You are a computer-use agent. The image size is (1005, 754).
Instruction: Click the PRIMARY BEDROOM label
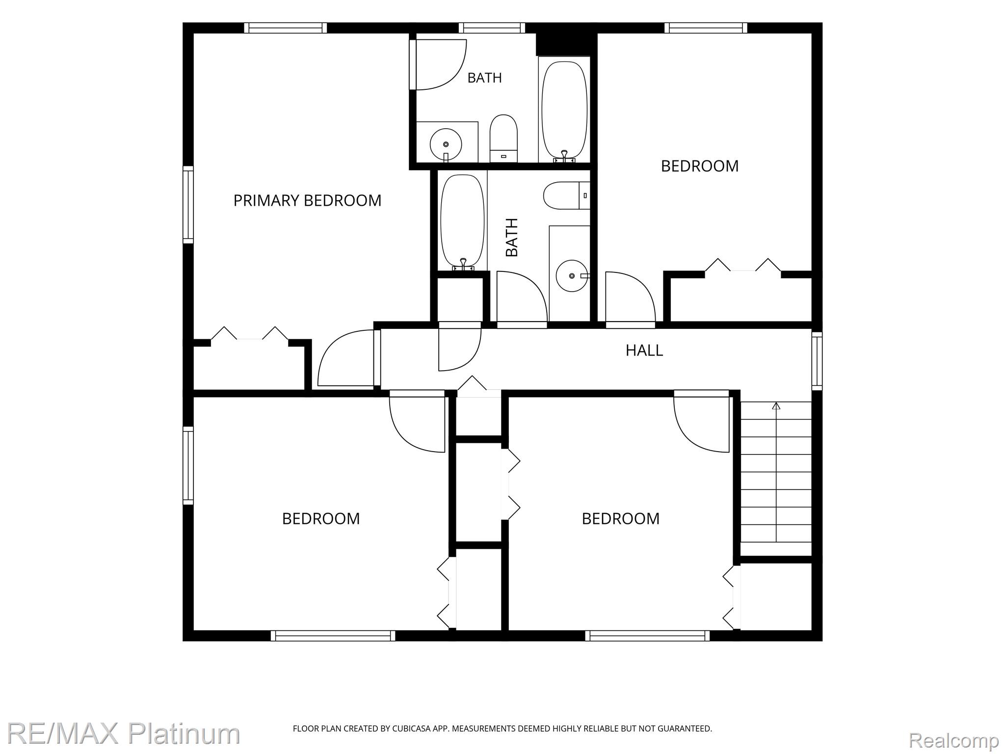[x=307, y=200]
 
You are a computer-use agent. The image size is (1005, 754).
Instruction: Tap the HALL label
[x=644, y=350]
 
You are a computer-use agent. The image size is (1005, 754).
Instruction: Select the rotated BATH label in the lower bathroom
[x=512, y=238]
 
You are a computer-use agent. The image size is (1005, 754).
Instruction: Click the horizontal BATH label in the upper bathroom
[x=484, y=78]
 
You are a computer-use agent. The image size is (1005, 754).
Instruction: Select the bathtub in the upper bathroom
[x=564, y=110]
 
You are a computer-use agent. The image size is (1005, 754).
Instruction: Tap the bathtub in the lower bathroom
[x=463, y=222]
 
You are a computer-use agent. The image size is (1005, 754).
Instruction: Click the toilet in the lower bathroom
[x=566, y=195]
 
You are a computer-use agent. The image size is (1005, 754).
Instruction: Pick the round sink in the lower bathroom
[x=572, y=276]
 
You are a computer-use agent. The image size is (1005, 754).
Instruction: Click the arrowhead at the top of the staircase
[x=776, y=406]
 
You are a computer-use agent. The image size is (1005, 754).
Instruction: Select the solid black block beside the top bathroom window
[x=566, y=44]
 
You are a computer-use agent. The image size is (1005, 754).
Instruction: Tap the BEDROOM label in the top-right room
[x=699, y=166]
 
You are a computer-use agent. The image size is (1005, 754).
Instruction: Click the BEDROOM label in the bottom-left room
[x=321, y=518]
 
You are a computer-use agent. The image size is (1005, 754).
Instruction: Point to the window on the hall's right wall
[x=817, y=361]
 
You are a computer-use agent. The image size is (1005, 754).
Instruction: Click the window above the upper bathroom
[x=492, y=28]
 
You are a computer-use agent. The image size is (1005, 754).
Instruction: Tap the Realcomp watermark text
[x=953, y=740]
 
